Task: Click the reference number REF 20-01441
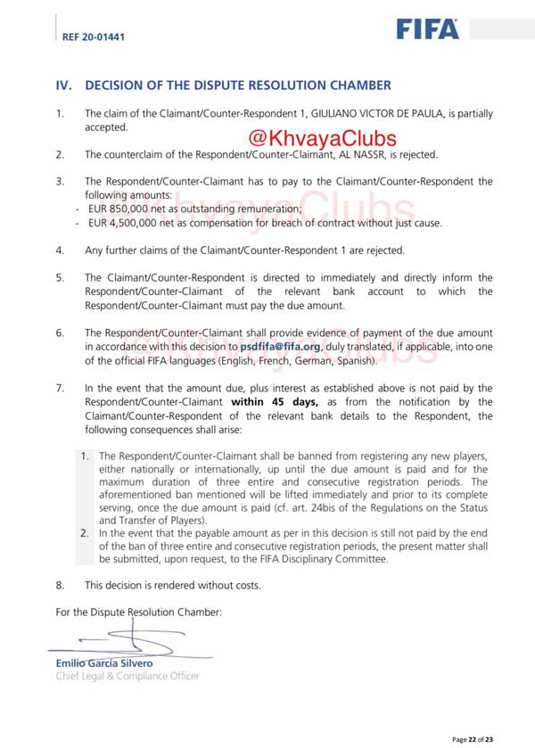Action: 94,37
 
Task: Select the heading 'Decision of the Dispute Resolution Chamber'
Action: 237,86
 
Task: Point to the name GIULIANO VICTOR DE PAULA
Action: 400,114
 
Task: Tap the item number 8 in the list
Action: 60,586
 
